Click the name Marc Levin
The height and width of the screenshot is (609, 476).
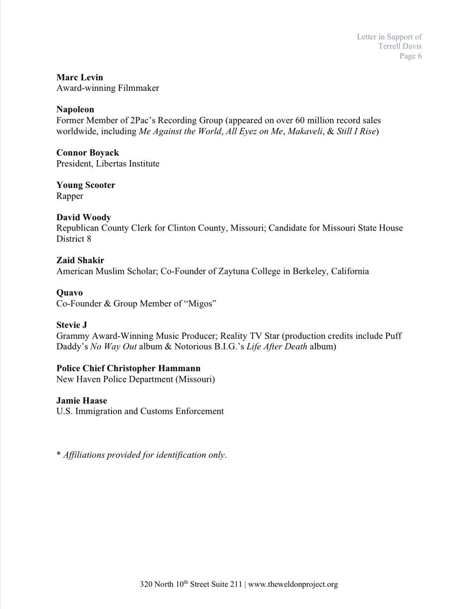[x=80, y=77]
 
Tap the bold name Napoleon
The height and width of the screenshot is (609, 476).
[x=75, y=110]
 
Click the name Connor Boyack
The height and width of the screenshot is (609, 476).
[x=88, y=153]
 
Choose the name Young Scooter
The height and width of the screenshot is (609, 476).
[x=86, y=185]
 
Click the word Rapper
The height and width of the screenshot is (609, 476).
[x=70, y=196]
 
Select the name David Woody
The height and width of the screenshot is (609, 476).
[x=84, y=217]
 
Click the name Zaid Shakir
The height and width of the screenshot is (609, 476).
[x=80, y=260]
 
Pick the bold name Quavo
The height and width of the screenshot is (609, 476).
[x=69, y=293]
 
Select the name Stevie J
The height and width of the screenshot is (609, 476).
[x=72, y=325]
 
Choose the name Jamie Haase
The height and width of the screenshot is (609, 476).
[x=82, y=401]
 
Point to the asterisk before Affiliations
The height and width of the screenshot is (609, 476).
[x=59, y=454]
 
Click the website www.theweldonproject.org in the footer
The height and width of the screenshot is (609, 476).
[x=293, y=584]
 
